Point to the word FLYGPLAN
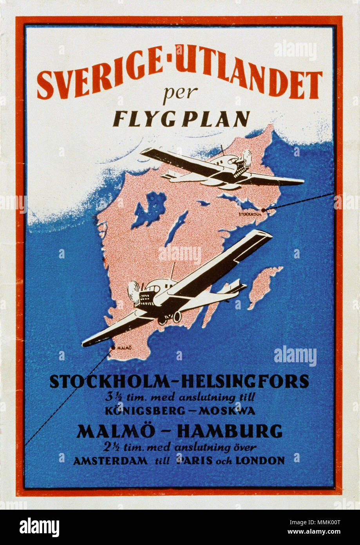181,118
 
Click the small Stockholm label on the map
250,214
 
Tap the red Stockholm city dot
263,210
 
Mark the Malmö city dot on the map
113,347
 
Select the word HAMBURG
229,431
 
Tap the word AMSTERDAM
110,461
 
